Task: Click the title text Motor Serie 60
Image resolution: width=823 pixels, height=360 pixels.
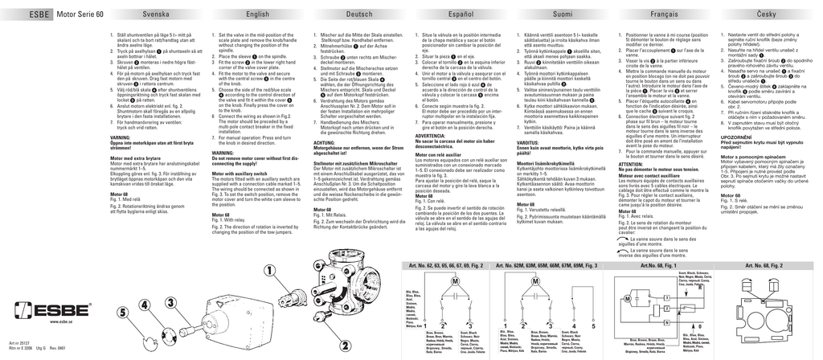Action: pyautogui.click(x=80, y=15)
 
